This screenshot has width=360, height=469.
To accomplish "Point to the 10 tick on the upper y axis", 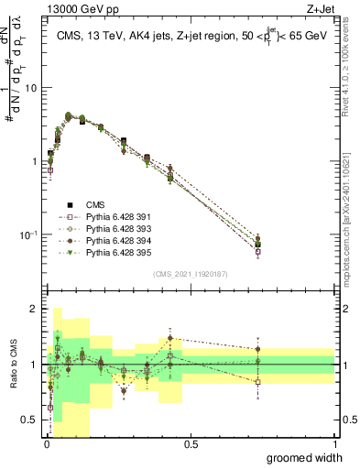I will (32, 88).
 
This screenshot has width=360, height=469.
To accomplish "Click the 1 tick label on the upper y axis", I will (35, 161).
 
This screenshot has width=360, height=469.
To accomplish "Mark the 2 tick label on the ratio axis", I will (35, 309).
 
